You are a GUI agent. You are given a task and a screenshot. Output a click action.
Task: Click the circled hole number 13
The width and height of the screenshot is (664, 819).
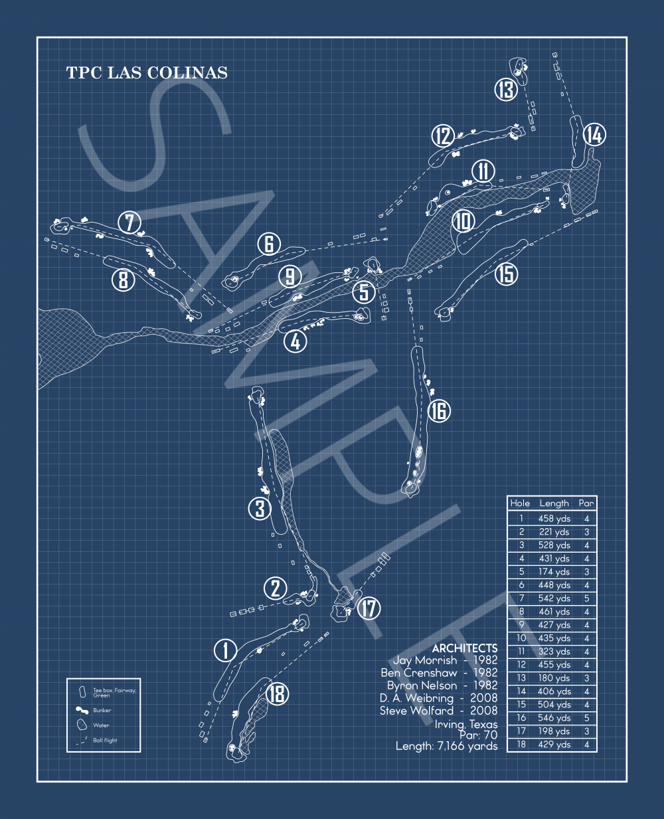click(x=506, y=90)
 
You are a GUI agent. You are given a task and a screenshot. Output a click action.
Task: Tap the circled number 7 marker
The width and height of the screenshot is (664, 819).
click(x=129, y=223)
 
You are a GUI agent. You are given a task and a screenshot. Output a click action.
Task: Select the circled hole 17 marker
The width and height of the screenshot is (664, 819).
click(x=369, y=608)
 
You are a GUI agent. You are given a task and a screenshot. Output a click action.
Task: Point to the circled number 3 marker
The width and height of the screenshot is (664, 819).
click(x=260, y=509)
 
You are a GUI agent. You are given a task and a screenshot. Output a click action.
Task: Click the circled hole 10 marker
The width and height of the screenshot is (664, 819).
click(x=463, y=221)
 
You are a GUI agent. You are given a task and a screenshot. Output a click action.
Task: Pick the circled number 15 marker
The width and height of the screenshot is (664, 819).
click(x=507, y=274)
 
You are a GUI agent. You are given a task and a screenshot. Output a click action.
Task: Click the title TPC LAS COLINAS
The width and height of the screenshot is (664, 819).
click(x=147, y=72)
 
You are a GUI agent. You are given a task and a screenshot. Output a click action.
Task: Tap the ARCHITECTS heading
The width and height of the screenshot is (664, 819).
click(x=465, y=648)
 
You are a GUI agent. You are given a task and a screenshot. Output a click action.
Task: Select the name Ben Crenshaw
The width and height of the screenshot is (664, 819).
click(x=419, y=672)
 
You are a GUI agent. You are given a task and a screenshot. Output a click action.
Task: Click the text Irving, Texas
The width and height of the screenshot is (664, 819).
click(x=466, y=725)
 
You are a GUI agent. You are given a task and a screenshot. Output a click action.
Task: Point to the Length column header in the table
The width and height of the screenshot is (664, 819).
click(x=554, y=503)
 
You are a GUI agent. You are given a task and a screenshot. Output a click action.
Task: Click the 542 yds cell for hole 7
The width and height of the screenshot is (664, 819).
click(x=554, y=598)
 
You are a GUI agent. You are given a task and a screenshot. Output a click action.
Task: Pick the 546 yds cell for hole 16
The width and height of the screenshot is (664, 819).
click(x=554, y=718)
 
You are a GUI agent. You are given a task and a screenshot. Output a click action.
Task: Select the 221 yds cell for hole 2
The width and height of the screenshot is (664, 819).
click(x=554, y=532)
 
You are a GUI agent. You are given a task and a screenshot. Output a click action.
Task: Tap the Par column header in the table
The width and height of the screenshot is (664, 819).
click(x=586, y=503)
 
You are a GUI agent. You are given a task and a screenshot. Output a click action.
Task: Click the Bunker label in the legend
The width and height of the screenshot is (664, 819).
click(x=102, y=710)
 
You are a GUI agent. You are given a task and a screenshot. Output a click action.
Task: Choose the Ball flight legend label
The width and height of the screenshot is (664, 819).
click(x=105, y=740)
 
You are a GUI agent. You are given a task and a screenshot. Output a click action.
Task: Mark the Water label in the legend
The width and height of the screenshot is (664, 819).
click(x=101, y=725)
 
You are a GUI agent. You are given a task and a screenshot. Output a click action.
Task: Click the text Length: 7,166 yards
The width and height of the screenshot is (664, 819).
click(x=446, y=747)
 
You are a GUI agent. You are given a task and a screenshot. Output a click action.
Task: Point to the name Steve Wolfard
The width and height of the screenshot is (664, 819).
click(x=416, y=711)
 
